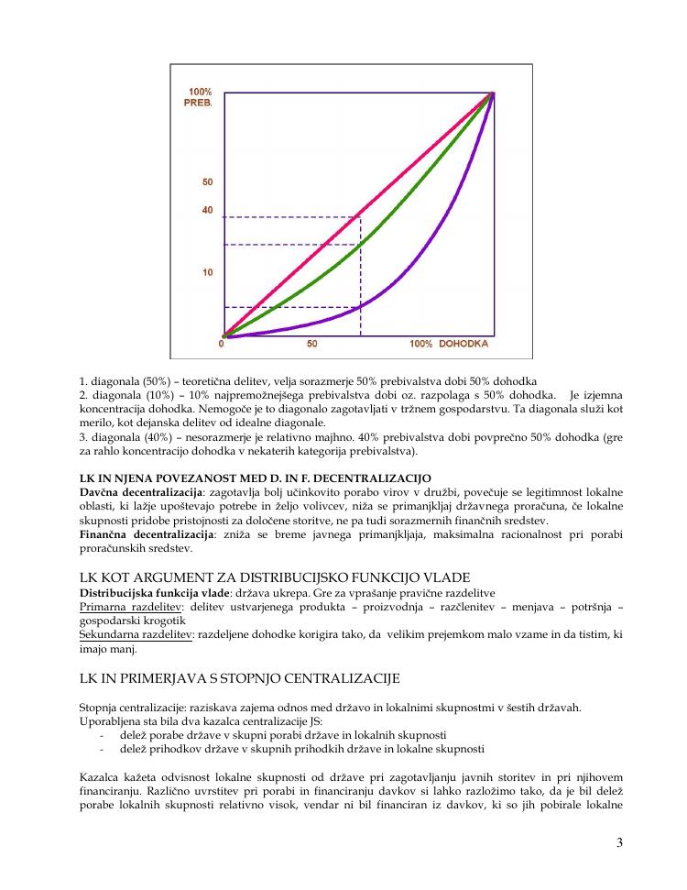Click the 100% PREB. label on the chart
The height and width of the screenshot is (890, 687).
pyautogui.click(x=201, y=96)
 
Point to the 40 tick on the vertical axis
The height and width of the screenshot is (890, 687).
pyautogui.click(x=207, y=210)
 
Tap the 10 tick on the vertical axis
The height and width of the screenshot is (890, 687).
pyautogui.click(x=208, y=272)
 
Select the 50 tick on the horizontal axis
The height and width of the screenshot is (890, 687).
pyautogui.click(x=311, y=344)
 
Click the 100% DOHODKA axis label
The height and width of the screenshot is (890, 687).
pyautogui.click(x=449, y=344)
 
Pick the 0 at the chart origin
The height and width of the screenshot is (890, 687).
pyautogui.click(x=222, y=344)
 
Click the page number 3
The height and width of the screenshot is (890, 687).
pyautogui.click(x=620, y=843)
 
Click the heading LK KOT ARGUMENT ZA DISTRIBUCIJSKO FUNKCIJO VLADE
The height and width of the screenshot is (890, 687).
pyautogui.click(x=275, y=577)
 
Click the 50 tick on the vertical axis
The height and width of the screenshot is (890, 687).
pyautogui.click(x=207, y=182)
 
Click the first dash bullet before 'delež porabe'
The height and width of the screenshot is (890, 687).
pyautogui.click(x=101, y=735)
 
